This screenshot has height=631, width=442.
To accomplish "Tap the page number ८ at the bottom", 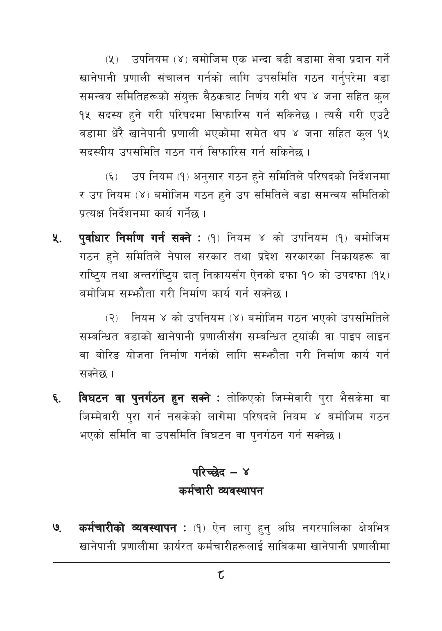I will tap(221, 576).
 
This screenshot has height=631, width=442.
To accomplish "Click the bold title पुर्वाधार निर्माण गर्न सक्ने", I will tap(134, 237).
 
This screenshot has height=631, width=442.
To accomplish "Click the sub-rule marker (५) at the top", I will tap(112, 60).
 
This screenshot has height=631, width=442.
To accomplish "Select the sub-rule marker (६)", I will tap(112, 177).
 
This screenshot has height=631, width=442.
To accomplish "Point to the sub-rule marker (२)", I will tap(112, 318).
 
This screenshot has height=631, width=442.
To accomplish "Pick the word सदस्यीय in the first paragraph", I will tap(97, 152).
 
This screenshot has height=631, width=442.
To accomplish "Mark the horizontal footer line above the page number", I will tap(221, 562).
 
